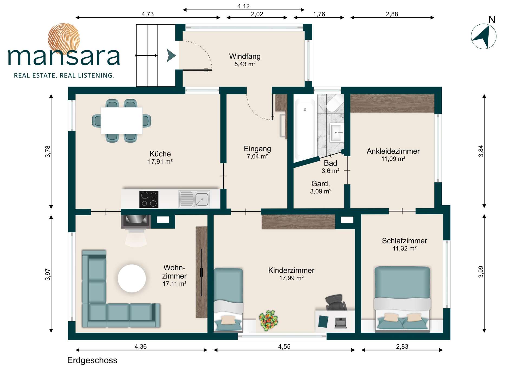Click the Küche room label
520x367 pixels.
tap(160, 154)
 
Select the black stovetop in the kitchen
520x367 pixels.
tap(149, 199)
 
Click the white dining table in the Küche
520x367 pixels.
tap(122, 120)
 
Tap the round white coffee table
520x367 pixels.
tap(132, 278)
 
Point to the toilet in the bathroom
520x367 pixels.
tap(335, 103)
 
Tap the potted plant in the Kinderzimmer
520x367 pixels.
tap(268, 320)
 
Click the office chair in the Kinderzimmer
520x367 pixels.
tap(336, 302)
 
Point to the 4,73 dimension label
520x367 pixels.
tap(148, 14)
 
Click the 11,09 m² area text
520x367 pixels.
tap(393, 159)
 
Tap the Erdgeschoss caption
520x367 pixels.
tap(92, 360)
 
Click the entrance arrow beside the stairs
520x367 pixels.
tap(171, 55)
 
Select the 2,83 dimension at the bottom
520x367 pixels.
tap(402, 346)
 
